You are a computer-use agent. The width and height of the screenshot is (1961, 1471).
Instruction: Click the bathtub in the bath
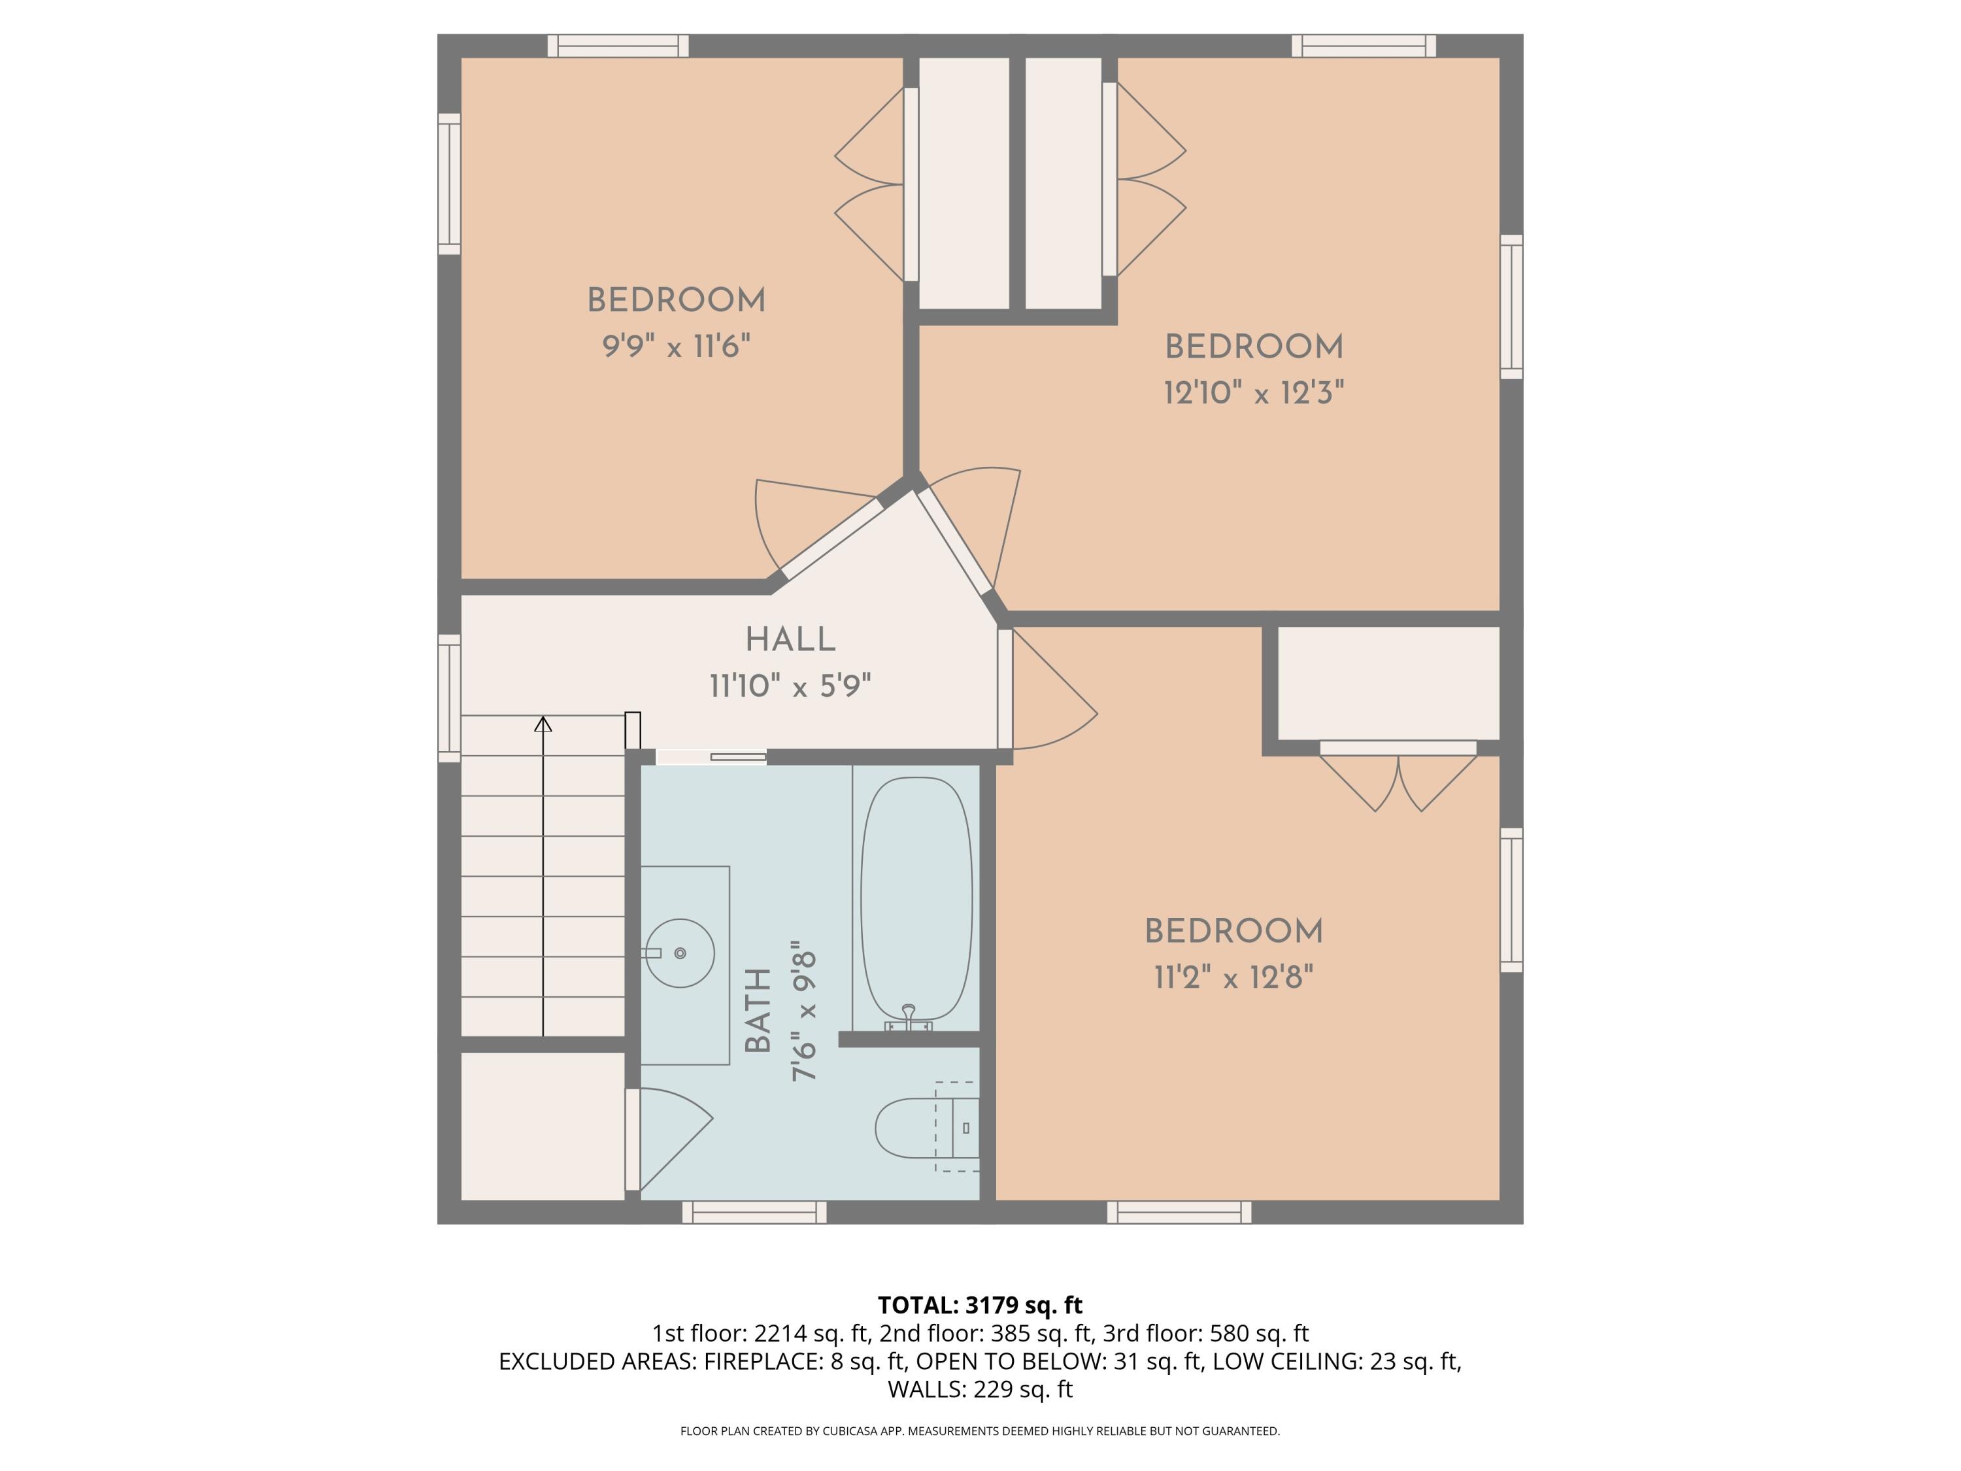(x=916, y=898)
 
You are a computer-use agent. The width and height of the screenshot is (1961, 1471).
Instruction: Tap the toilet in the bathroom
(x=922, y=1128)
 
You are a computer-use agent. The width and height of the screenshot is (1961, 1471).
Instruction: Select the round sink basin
(x=680, y=953)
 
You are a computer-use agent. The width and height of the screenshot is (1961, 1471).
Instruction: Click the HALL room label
(x=790, y=639)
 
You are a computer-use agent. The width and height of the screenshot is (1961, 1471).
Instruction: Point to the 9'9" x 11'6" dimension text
(x=677, y=346)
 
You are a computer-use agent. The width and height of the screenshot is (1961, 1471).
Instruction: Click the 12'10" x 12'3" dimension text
(x=1254, y=393)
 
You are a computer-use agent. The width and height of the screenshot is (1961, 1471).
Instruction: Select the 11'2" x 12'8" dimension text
(x=1233, y=978)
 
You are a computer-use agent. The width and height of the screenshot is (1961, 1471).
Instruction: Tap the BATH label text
(x=759, y=1010)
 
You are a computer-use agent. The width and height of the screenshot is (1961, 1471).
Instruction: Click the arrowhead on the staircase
(x=543, y=724)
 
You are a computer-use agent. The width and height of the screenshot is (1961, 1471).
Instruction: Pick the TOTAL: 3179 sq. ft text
(x=980, y=1305)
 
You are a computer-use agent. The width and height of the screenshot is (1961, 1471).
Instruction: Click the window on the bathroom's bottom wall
(x=754, y=1212)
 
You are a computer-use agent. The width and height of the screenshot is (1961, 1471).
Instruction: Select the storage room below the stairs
(x=543, y=1126)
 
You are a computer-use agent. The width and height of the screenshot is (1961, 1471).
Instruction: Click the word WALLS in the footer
(x=926, y=1389)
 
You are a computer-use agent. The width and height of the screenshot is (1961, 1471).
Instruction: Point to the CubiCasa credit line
(x=980, y=1431)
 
